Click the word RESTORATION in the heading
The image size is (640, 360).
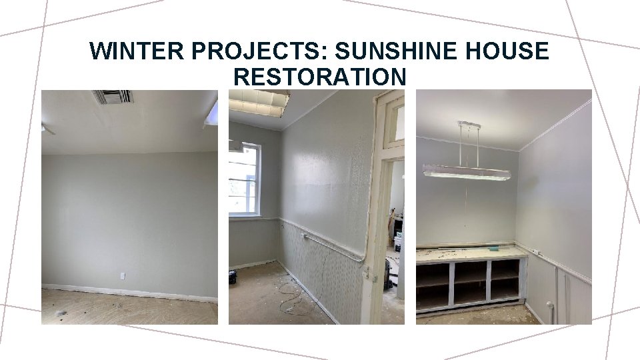[x=319, y=77]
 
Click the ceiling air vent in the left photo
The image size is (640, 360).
[x=113, y=97]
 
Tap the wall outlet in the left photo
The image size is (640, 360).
[x=123, y=275]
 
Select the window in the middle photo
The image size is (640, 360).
[x=244, y=179]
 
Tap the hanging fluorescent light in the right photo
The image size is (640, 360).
[x=467, y=173]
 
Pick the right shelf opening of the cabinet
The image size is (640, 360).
[x=505, y=279]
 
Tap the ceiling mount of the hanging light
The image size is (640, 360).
[x=469, y=125]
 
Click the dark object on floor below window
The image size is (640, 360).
[x=233, y=277]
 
